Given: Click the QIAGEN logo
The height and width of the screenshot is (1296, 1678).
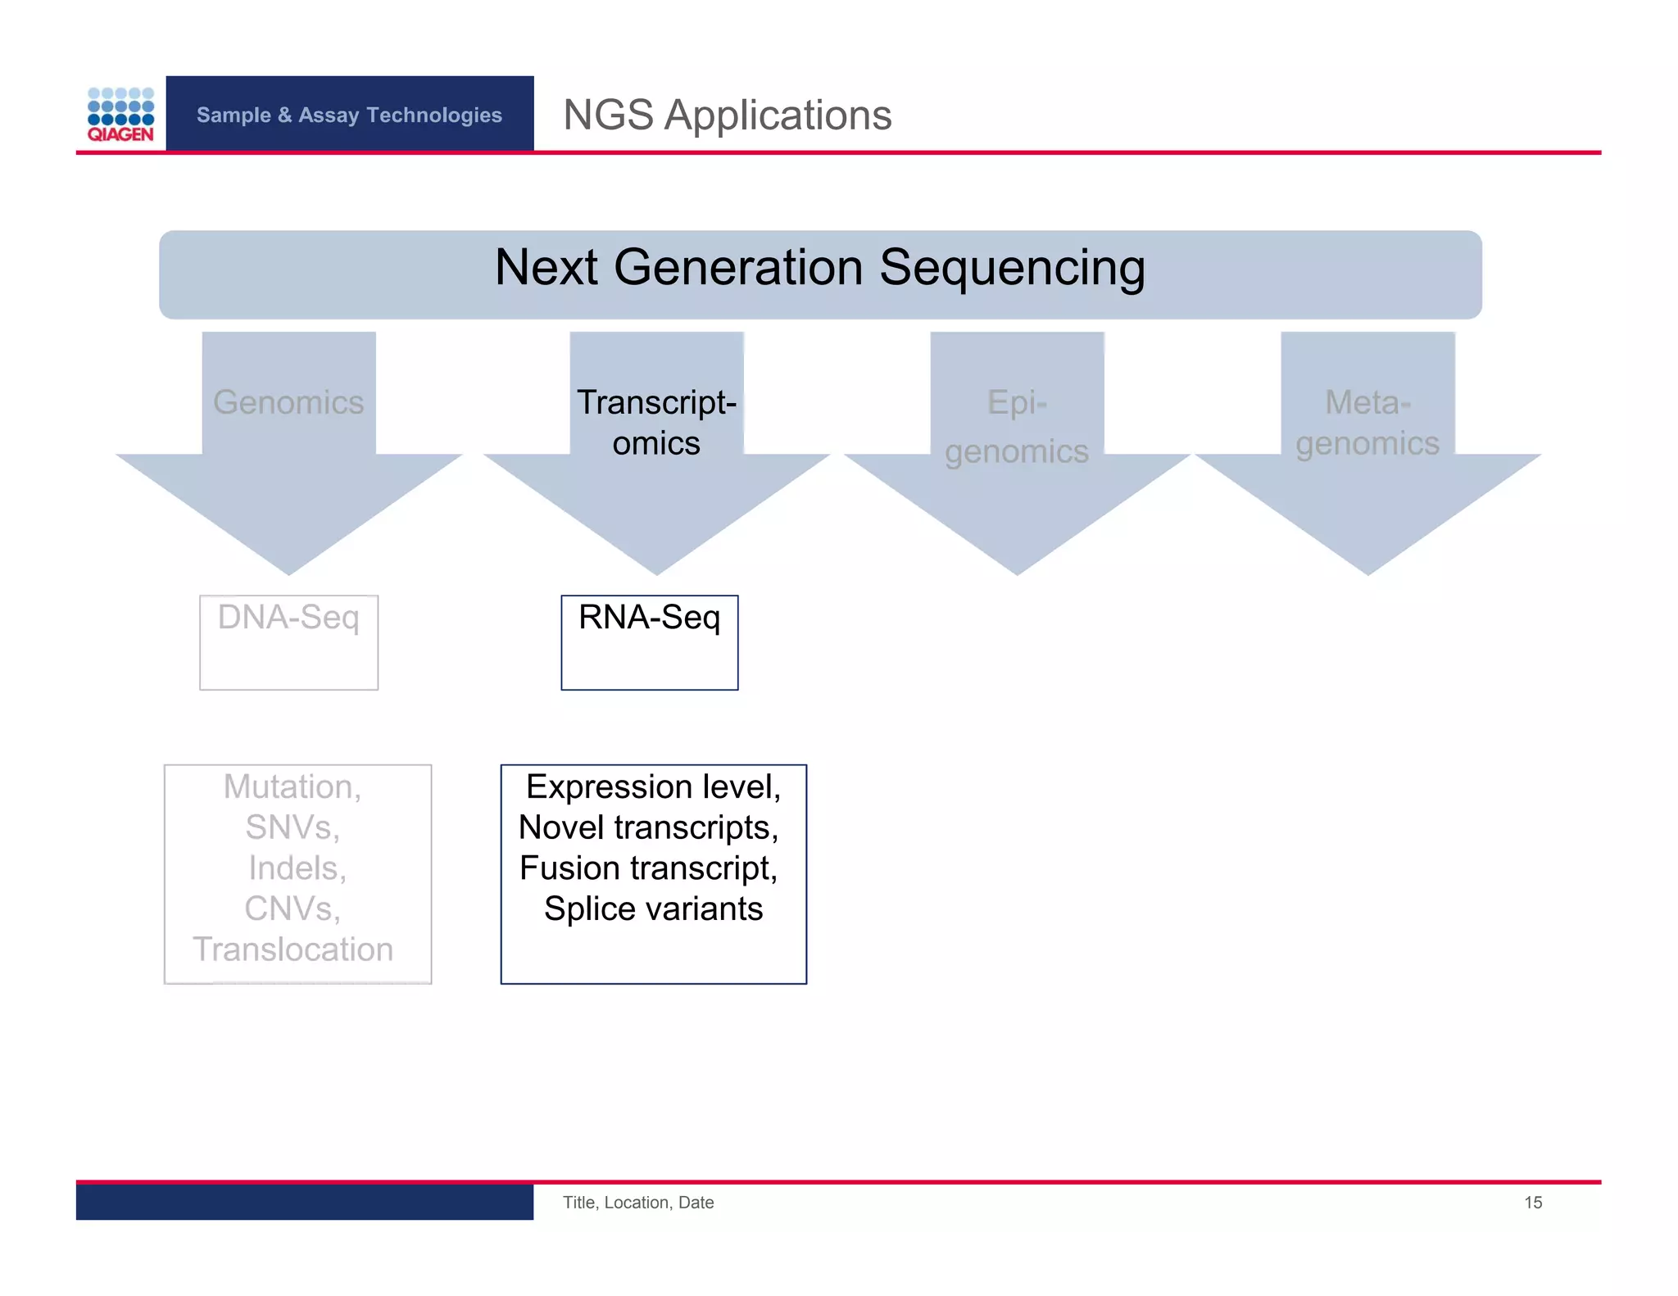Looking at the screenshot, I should pos(120,114).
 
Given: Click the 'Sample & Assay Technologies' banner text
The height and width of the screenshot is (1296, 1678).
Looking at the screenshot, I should pos(349,115).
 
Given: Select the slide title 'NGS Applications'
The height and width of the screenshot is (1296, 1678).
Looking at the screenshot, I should pos(727,115).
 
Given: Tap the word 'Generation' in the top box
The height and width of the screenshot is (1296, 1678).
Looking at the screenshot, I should pos(737,268).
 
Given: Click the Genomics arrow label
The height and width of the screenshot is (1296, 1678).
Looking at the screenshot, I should pos(288,402).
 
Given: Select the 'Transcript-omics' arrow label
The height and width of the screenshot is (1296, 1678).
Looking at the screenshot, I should pos(656,423).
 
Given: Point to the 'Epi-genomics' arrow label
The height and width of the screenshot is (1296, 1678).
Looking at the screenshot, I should pos(1017,427).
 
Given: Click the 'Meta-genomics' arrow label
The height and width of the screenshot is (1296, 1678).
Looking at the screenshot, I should pos(1367,423).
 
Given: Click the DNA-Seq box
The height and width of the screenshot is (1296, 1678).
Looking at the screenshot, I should pos(288,641).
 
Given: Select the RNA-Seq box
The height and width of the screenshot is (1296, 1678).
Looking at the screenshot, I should pos(649,641).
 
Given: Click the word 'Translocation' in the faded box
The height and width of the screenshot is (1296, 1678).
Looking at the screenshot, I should pos(293,949).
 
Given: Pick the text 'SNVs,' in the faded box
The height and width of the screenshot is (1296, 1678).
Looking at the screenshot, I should pos(293,827).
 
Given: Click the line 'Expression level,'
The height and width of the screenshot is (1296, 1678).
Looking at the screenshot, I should pos(653,787).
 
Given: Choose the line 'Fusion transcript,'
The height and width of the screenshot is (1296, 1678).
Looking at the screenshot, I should pos(648,868).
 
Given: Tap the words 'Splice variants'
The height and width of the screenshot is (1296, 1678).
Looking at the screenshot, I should pos(653,909).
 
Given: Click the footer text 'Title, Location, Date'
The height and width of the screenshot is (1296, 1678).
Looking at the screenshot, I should pos(637,1203).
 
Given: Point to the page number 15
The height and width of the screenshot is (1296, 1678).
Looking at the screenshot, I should pos(1532,1203).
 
